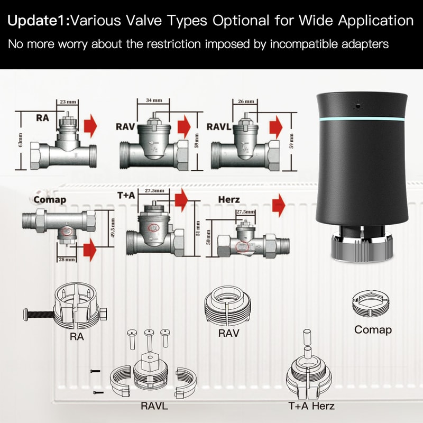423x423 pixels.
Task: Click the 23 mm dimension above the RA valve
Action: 66,102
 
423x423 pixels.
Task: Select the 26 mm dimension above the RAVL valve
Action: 246,101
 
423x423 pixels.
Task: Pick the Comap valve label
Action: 49,200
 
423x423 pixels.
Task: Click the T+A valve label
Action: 126,196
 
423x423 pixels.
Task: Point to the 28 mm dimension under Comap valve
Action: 62,260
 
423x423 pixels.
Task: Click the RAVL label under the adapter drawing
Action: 155,406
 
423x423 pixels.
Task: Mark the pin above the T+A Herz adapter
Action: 305,342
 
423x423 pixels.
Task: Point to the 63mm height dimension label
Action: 20,142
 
